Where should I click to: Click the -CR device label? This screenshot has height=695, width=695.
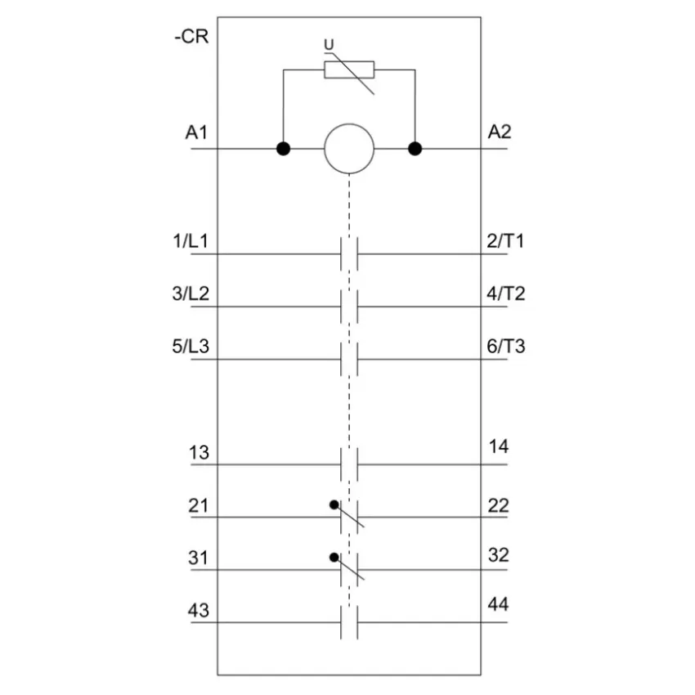tap(191, 36)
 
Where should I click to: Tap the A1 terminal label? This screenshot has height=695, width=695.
tap(196, 132)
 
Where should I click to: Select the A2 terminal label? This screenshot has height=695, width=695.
tap(500, 132)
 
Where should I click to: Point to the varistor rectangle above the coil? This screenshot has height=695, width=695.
tap(349, 70)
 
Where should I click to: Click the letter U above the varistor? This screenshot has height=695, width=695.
tap(329, 44)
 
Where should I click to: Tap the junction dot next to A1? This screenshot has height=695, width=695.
tap(283, 149)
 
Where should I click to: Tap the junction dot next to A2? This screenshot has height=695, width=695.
tap(415, 149)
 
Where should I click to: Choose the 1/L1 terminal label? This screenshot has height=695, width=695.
tap(191, 241)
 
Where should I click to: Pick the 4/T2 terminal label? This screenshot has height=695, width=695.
tap(506, 294)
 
